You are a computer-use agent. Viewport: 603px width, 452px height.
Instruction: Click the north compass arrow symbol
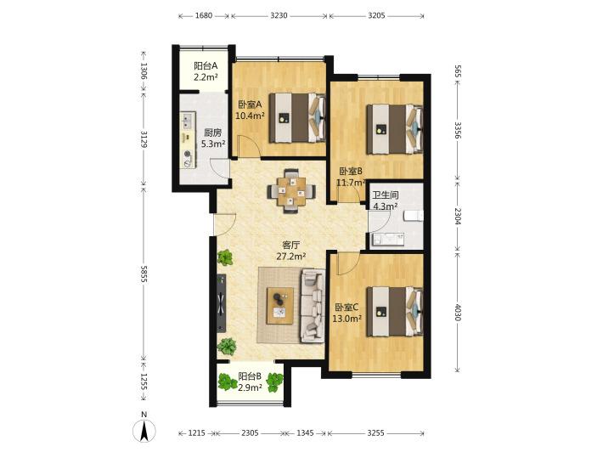(x=144, y=430)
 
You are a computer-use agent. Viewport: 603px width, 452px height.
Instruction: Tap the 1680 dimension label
(x=204, y=16)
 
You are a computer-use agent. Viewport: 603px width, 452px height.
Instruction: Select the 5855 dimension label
(x=144, y=274)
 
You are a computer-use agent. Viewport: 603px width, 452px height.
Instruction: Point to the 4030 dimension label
(x=458, y=312)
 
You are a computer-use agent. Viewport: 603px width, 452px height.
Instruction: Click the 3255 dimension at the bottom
(x=375, y=432)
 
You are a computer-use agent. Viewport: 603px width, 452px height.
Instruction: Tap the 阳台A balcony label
(x=206, y=65)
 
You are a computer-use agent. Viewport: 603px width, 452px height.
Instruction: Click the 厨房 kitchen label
(x=212, y=133)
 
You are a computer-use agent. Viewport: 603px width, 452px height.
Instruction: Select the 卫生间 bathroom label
(x=385, y=195)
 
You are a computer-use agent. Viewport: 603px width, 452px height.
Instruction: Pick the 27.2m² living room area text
(x=291, y=256)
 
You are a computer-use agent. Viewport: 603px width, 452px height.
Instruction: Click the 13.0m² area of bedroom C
(x=347, y=319)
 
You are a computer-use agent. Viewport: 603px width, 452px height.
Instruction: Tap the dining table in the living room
(x=292, y=190)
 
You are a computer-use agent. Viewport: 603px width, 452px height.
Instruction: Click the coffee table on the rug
(x=280, y=306)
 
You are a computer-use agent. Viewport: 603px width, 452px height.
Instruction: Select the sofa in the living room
(x=313, y=306)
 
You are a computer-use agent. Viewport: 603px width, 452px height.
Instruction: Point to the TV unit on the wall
(x=221, y=302)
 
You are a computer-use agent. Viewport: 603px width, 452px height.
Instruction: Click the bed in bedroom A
(x=297, y=118)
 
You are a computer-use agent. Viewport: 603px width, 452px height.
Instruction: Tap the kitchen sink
(x=188, y=121)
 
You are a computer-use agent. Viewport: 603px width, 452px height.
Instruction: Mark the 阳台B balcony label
(x=250, y=376)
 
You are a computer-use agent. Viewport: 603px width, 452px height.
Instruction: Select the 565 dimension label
(x=458, y=71)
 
